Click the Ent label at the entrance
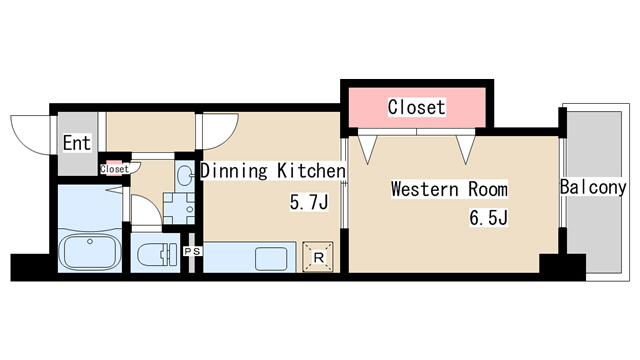click(x=77, y=143)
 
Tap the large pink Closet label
click(x=416, y=107)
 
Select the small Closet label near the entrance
click(x=114, y=169)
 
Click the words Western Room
click(x=449, y=189)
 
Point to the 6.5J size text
click(x=488, y=218)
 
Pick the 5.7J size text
click(x=309, y=202)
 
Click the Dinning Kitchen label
click(x=273, y=171)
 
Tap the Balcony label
click(x=593, y=187)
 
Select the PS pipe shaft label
click(x=192, y=251)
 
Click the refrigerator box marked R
click(x=318, y=257)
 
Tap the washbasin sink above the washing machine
click(x=185, y=176)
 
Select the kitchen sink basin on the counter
click(x=271, y=259)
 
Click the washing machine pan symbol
click(x=179, y=209)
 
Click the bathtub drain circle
click(x=90, y=242)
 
